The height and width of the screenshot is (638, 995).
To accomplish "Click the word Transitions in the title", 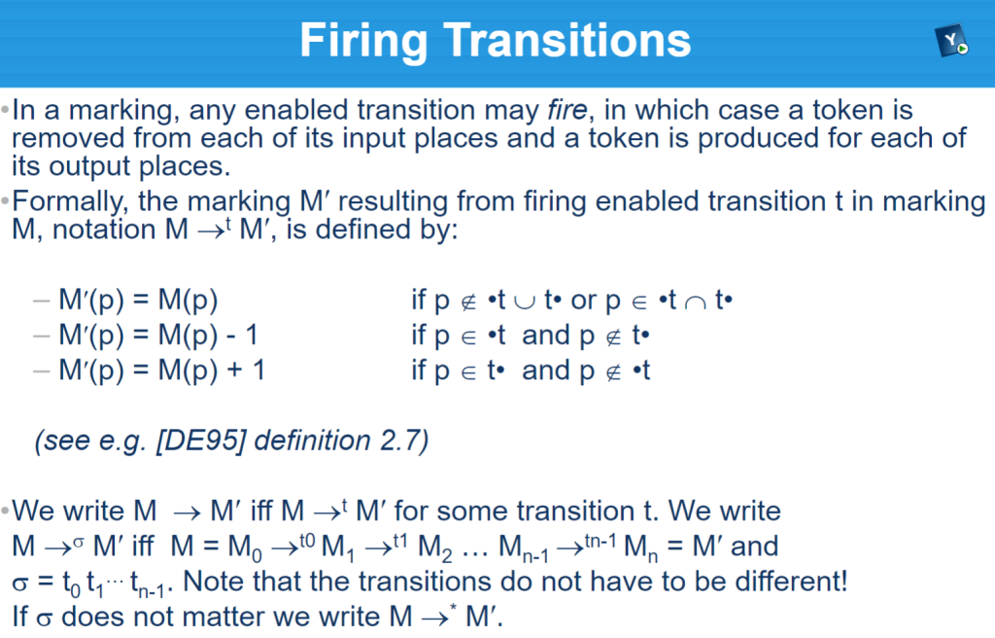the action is click(567, 41).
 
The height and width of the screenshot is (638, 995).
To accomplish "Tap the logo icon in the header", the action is click(951, 41).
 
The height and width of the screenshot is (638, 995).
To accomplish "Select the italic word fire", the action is click(567, 110).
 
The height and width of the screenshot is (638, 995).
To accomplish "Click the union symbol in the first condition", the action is click(524, 301).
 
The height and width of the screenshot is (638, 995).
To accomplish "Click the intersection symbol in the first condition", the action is click(696, 301).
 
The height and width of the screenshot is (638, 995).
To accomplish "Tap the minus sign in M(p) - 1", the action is click(231, 337).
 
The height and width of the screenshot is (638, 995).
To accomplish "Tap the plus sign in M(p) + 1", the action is click(235, 372).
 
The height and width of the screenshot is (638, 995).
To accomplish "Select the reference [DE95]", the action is click(200, 441).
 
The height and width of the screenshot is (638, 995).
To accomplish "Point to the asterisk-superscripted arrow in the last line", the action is click(438, 616).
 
